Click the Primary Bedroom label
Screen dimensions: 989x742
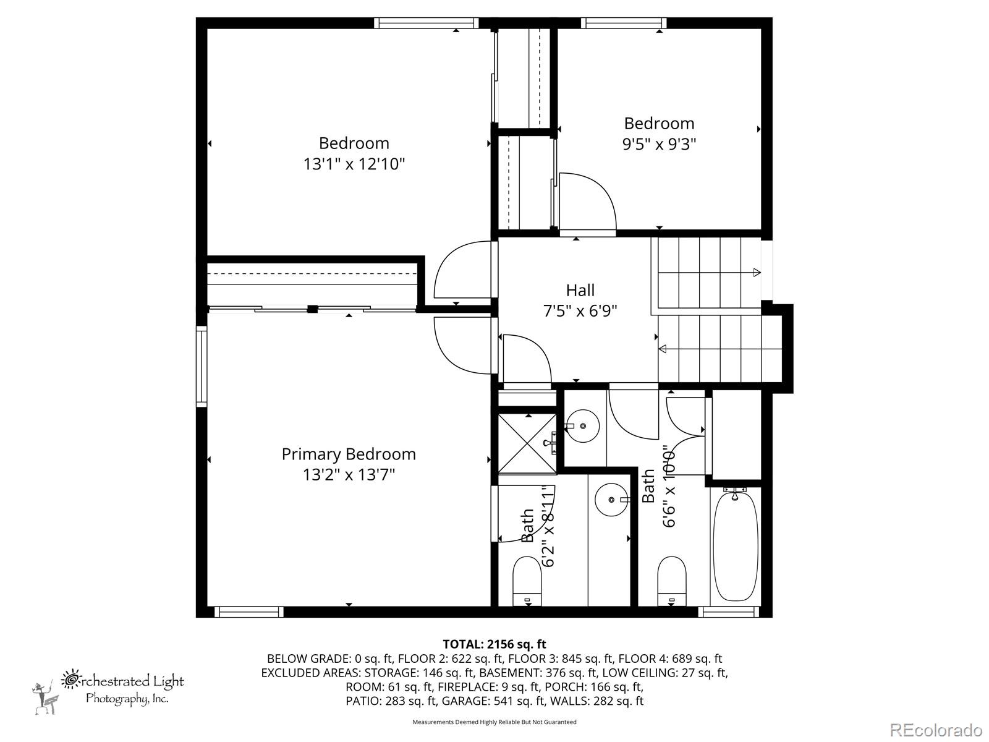348,454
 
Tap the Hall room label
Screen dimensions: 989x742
580,290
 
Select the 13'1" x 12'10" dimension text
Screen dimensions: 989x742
354,163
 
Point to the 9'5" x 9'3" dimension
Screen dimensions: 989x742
659,144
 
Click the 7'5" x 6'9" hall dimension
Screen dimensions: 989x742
580,311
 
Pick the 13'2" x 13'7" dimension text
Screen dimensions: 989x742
348,474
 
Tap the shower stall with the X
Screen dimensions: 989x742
527,444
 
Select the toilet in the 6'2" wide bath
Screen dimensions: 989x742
527,581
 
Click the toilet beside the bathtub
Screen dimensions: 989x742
672,581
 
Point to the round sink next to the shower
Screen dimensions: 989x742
582,426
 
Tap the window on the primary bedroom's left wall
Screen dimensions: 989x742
202,366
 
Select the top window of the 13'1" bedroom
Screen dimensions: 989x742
426,23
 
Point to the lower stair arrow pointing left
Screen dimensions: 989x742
720,349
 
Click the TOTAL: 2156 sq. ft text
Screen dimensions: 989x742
494,644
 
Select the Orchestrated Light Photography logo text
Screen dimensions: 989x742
122,688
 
